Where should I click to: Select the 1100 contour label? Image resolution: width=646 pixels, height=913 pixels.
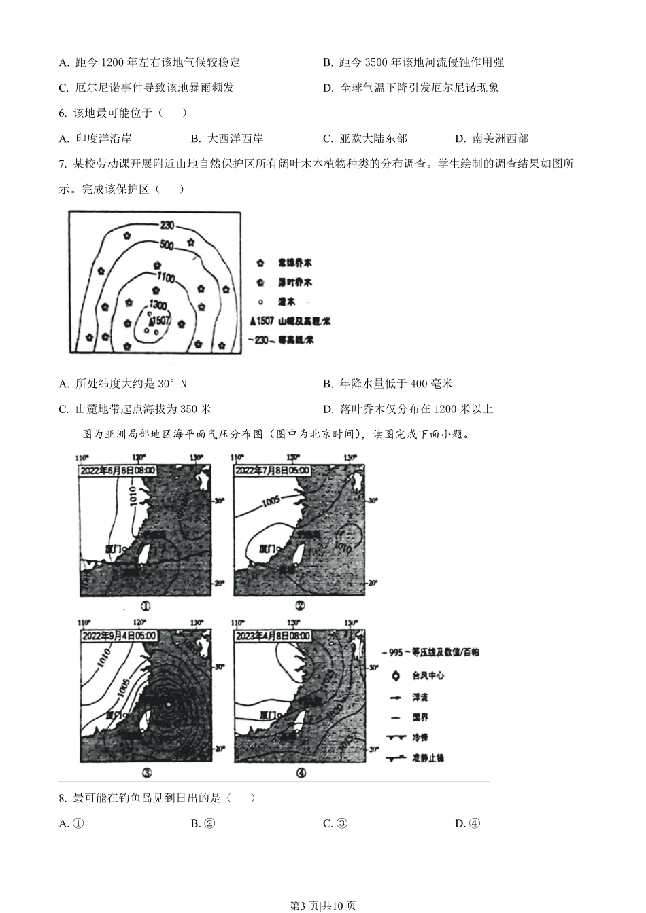[x=165, y=277]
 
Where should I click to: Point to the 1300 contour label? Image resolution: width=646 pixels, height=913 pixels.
[x=158, y=304]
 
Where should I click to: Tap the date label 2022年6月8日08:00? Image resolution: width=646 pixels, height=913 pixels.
[x=118, y=470]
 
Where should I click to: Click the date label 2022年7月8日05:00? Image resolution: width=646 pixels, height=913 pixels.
[x=272, y=470]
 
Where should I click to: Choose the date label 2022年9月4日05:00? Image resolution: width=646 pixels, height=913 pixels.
[x=118, y=636]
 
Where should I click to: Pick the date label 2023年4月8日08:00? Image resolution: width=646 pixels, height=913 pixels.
[x=272, y=636]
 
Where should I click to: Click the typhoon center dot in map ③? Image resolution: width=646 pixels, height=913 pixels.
[x=169, y=704]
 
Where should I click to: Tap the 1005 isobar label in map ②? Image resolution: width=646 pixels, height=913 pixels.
[x=270, y=501]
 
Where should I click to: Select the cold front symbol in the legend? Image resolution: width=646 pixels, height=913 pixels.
[x=394, y=738]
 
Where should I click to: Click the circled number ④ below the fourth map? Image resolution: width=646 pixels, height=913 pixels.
[x=301, y=772]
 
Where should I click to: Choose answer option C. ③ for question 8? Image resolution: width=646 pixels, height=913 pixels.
[x=335, y=823]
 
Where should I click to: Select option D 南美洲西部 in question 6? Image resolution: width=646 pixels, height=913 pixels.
[x=492, y=139]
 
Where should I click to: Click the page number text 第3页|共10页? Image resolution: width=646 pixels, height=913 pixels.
[x=322, y=905]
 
